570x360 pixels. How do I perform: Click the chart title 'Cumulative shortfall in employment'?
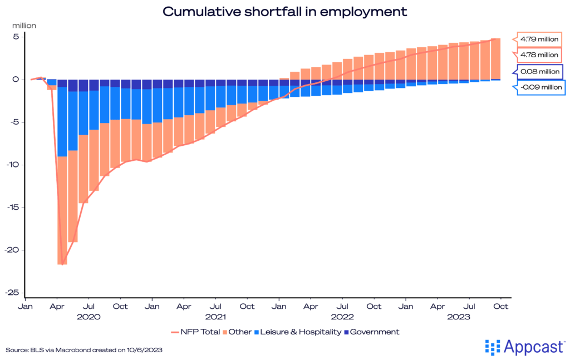pyautogui.click(x=284, y=11)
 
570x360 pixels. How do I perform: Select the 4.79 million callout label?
pyautogui.click(x=538, y=40)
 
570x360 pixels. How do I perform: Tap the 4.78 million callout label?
pyautogui.click(x=538, y=55)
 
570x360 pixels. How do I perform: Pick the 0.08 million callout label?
pyautogui.click(x=538, y=72)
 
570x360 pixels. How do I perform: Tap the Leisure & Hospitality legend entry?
pyautogui.click(x=301, y=332)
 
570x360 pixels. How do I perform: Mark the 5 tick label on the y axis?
pyautogui.click(x=17, y=37)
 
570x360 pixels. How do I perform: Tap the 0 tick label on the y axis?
pyautogui.click(x=17, y=80)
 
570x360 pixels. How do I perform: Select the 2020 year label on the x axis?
pyautogui.click(x=89, y=317)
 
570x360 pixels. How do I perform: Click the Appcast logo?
pyautogui.click(x=525, y=347)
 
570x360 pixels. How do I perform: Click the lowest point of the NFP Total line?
pyautogui.click(x=62, y=264)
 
